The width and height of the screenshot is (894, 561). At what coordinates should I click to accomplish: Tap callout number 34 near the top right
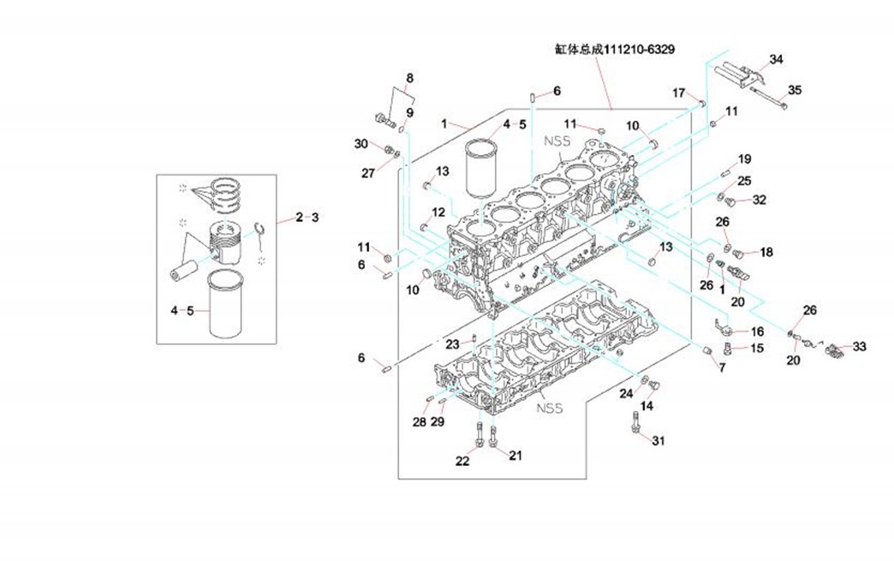[776, 59]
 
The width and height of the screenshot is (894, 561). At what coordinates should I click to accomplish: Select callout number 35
[795, 90]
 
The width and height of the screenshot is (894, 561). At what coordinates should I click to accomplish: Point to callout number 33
[860, 347]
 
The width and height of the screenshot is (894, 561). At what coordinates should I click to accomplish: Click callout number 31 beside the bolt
[658, 441]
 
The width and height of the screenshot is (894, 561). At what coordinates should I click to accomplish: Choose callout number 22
[462, 461]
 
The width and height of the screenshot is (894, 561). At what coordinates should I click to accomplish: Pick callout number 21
[515, 455]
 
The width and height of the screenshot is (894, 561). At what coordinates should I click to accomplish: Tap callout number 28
[420, 422]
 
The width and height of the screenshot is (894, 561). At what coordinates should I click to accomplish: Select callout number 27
[367, 173]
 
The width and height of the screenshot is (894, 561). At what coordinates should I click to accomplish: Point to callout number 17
[678, 93]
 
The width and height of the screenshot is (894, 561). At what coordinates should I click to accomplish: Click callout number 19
[744, 159]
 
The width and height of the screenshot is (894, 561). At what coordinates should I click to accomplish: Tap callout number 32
[759, 200]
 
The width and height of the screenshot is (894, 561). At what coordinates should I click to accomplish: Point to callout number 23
[453, 343]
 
